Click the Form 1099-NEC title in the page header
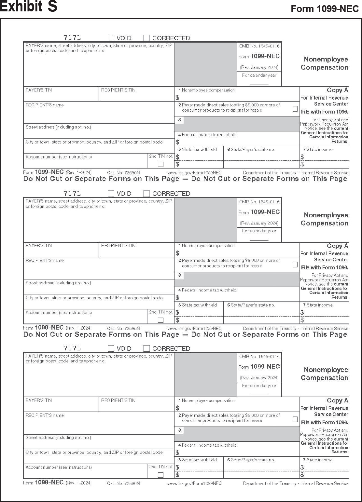pyautogui.click(x=325, y=9)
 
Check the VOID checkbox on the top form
pyautogui.click(x=111, y=38)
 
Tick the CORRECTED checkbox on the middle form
pyautogui.click(x=146, y=194)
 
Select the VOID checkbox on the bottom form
pyautogui.click(x=111, y=348)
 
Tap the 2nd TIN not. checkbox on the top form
pyautogui.click(x=160, y=164)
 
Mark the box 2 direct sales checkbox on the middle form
pyautogui.click(x=295, y=265)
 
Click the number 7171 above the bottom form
pyautogui.click(x=72, y=348)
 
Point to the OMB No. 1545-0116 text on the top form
pyautogui.click(x=259, y=46)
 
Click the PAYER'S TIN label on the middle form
pyautogui.click(x=39, y=246)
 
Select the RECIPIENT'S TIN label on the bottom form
pyautogui.click(x=118, y=400)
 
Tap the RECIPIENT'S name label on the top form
pyautogui.click(x=45, y=105)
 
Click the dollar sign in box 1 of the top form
pyautogui.click(x=177, y=97)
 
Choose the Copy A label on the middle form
pyautogui.click(x=337, y=246)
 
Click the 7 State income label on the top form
pyautogui.click(x=318, y=150)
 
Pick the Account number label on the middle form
pyautogui.click(x=59, y=313)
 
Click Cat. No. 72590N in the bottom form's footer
pyautogui.click(x=123, y=483)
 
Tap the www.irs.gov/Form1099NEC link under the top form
pyautogui.click(x=194, y=173)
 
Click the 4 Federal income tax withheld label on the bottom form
pyautogui.click(x=207, y=445)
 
